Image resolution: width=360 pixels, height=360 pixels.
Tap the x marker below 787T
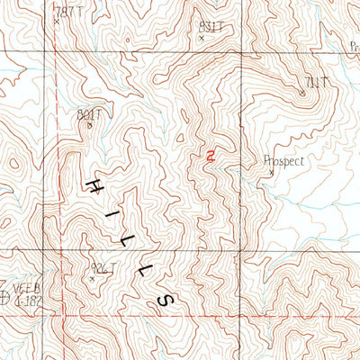pos(56,20)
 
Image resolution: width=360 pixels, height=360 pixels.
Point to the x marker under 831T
pos(201,39)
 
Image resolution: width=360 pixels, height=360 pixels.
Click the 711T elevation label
pos(314,83)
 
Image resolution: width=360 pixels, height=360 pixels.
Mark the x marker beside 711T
pos(302,91)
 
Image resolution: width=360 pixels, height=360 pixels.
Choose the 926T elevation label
pos(103,267)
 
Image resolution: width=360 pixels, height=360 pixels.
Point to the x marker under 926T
pos(92,278)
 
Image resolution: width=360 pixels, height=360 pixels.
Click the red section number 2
pos(210,157)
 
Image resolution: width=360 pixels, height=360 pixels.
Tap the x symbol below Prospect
pos(271,173)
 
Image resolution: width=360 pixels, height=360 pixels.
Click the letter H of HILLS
pos(94,187)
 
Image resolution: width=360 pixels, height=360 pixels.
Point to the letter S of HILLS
pos(164,298)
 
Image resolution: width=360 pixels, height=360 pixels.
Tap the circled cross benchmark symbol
pos(6,300)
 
